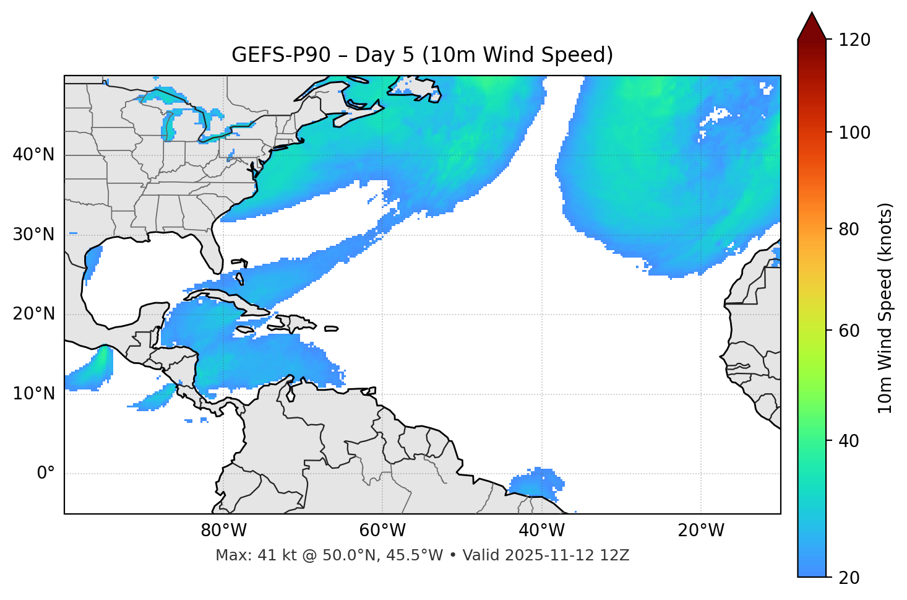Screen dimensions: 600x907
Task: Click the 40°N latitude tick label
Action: (x=33, y=155)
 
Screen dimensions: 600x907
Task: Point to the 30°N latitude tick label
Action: (x=33, y=235)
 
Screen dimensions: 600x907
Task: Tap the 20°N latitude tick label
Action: (x=33, y=314)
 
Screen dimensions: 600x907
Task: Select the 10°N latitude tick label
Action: (x=33, y=394)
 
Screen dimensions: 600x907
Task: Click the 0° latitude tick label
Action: (x=46, y=474)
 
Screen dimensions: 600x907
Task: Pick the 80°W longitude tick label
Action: (x=223, y=531)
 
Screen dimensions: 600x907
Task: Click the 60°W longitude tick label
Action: (x=382, y=531)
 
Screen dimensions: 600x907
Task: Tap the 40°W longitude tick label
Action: (x=541, y=531)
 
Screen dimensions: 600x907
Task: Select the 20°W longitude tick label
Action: (x=700, y=531)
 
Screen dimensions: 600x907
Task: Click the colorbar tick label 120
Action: (x=854, y=40)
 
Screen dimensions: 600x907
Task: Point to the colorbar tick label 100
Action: (x=854, y=133)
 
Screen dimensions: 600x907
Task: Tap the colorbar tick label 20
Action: (x=849, y=578)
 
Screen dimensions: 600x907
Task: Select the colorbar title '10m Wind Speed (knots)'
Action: (x=885, y=308)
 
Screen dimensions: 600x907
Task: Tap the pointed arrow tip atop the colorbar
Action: (x=812, y=15)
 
